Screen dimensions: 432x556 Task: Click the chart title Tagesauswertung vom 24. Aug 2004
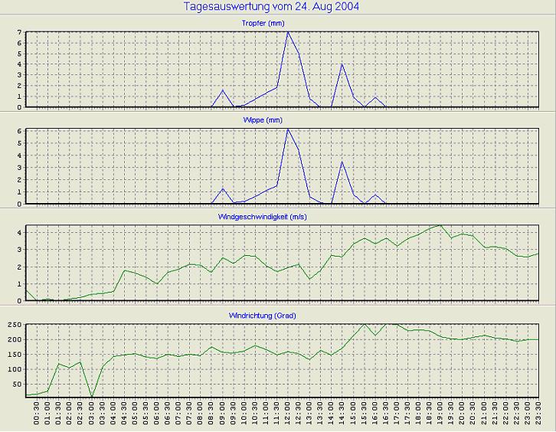pyautogui.click(x=273, y=7)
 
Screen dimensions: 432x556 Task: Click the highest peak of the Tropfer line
pyautogui.click(x=288, y=32)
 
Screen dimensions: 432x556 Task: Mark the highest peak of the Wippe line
pyautogui.click(x=288, y=129)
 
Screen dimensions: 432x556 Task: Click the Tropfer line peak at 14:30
pyautogui.click(x=342, y=64)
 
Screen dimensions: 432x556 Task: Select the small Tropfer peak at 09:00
pyautogui.click(x=223, y=90)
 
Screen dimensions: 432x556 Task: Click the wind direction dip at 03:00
pyautogui.click(x=92, y=397)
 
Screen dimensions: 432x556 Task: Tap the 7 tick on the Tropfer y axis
pyautogui.click(x=20, y=32)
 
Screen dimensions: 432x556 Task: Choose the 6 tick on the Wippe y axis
pyautogui.click(x=20, y=131)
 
